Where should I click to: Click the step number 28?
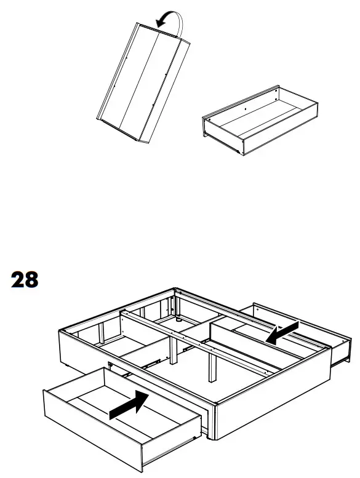[x=25, y=279]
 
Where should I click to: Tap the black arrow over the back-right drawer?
[x=282, y=332]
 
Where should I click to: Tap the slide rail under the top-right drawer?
[x=231, y=146]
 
